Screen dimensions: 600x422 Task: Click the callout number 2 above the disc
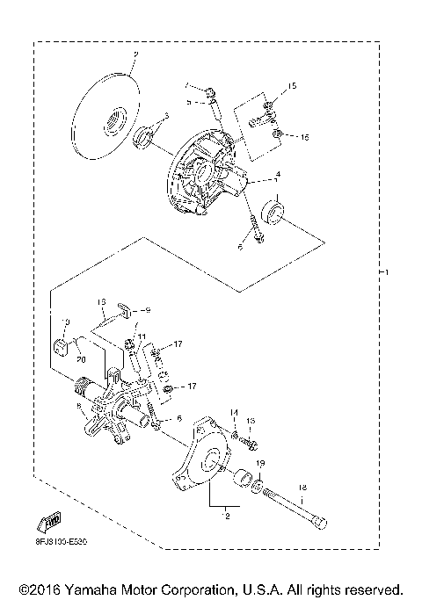[x=135, y=55]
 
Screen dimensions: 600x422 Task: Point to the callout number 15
[x=293, y=86]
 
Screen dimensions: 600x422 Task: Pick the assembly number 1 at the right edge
[x=383, y=272]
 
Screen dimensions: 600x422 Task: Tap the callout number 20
[x=78, y=358]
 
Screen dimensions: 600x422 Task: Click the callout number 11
[x=139, y=336]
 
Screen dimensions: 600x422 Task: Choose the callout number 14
[x=234, y=412]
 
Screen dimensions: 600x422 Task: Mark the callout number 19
[x=260, y=462]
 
